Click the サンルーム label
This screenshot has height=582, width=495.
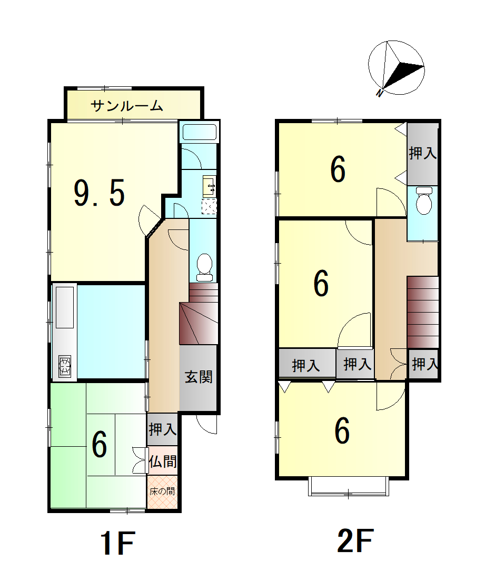click(x=127, y=106)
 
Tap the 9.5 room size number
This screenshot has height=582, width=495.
click(x=99, y=193)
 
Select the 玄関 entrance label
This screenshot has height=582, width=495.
click(x=199, y=377)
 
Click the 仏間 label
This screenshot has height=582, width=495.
click(x=163, y=461)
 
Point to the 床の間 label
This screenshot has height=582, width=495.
click(x=162, y=491)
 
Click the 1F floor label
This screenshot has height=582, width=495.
click(x=117, y=543)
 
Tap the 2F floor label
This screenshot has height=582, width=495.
click(x=355, y=541)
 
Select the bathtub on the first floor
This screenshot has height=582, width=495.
click(x=200, y=132)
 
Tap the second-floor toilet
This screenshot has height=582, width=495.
click(x=424, y=200)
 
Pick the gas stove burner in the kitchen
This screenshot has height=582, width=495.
click(x=65, y=366)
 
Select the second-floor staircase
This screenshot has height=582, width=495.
click(x=423, y=312)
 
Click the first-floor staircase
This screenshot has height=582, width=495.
click(x=199, y=314)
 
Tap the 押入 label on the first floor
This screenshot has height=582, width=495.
click(x=163, y=429)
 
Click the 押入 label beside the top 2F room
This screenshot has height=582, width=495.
click(x=422, y=153)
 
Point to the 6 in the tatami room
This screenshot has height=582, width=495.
click(x=99, y=445)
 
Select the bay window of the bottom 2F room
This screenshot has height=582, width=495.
click(x=349, y=487)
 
